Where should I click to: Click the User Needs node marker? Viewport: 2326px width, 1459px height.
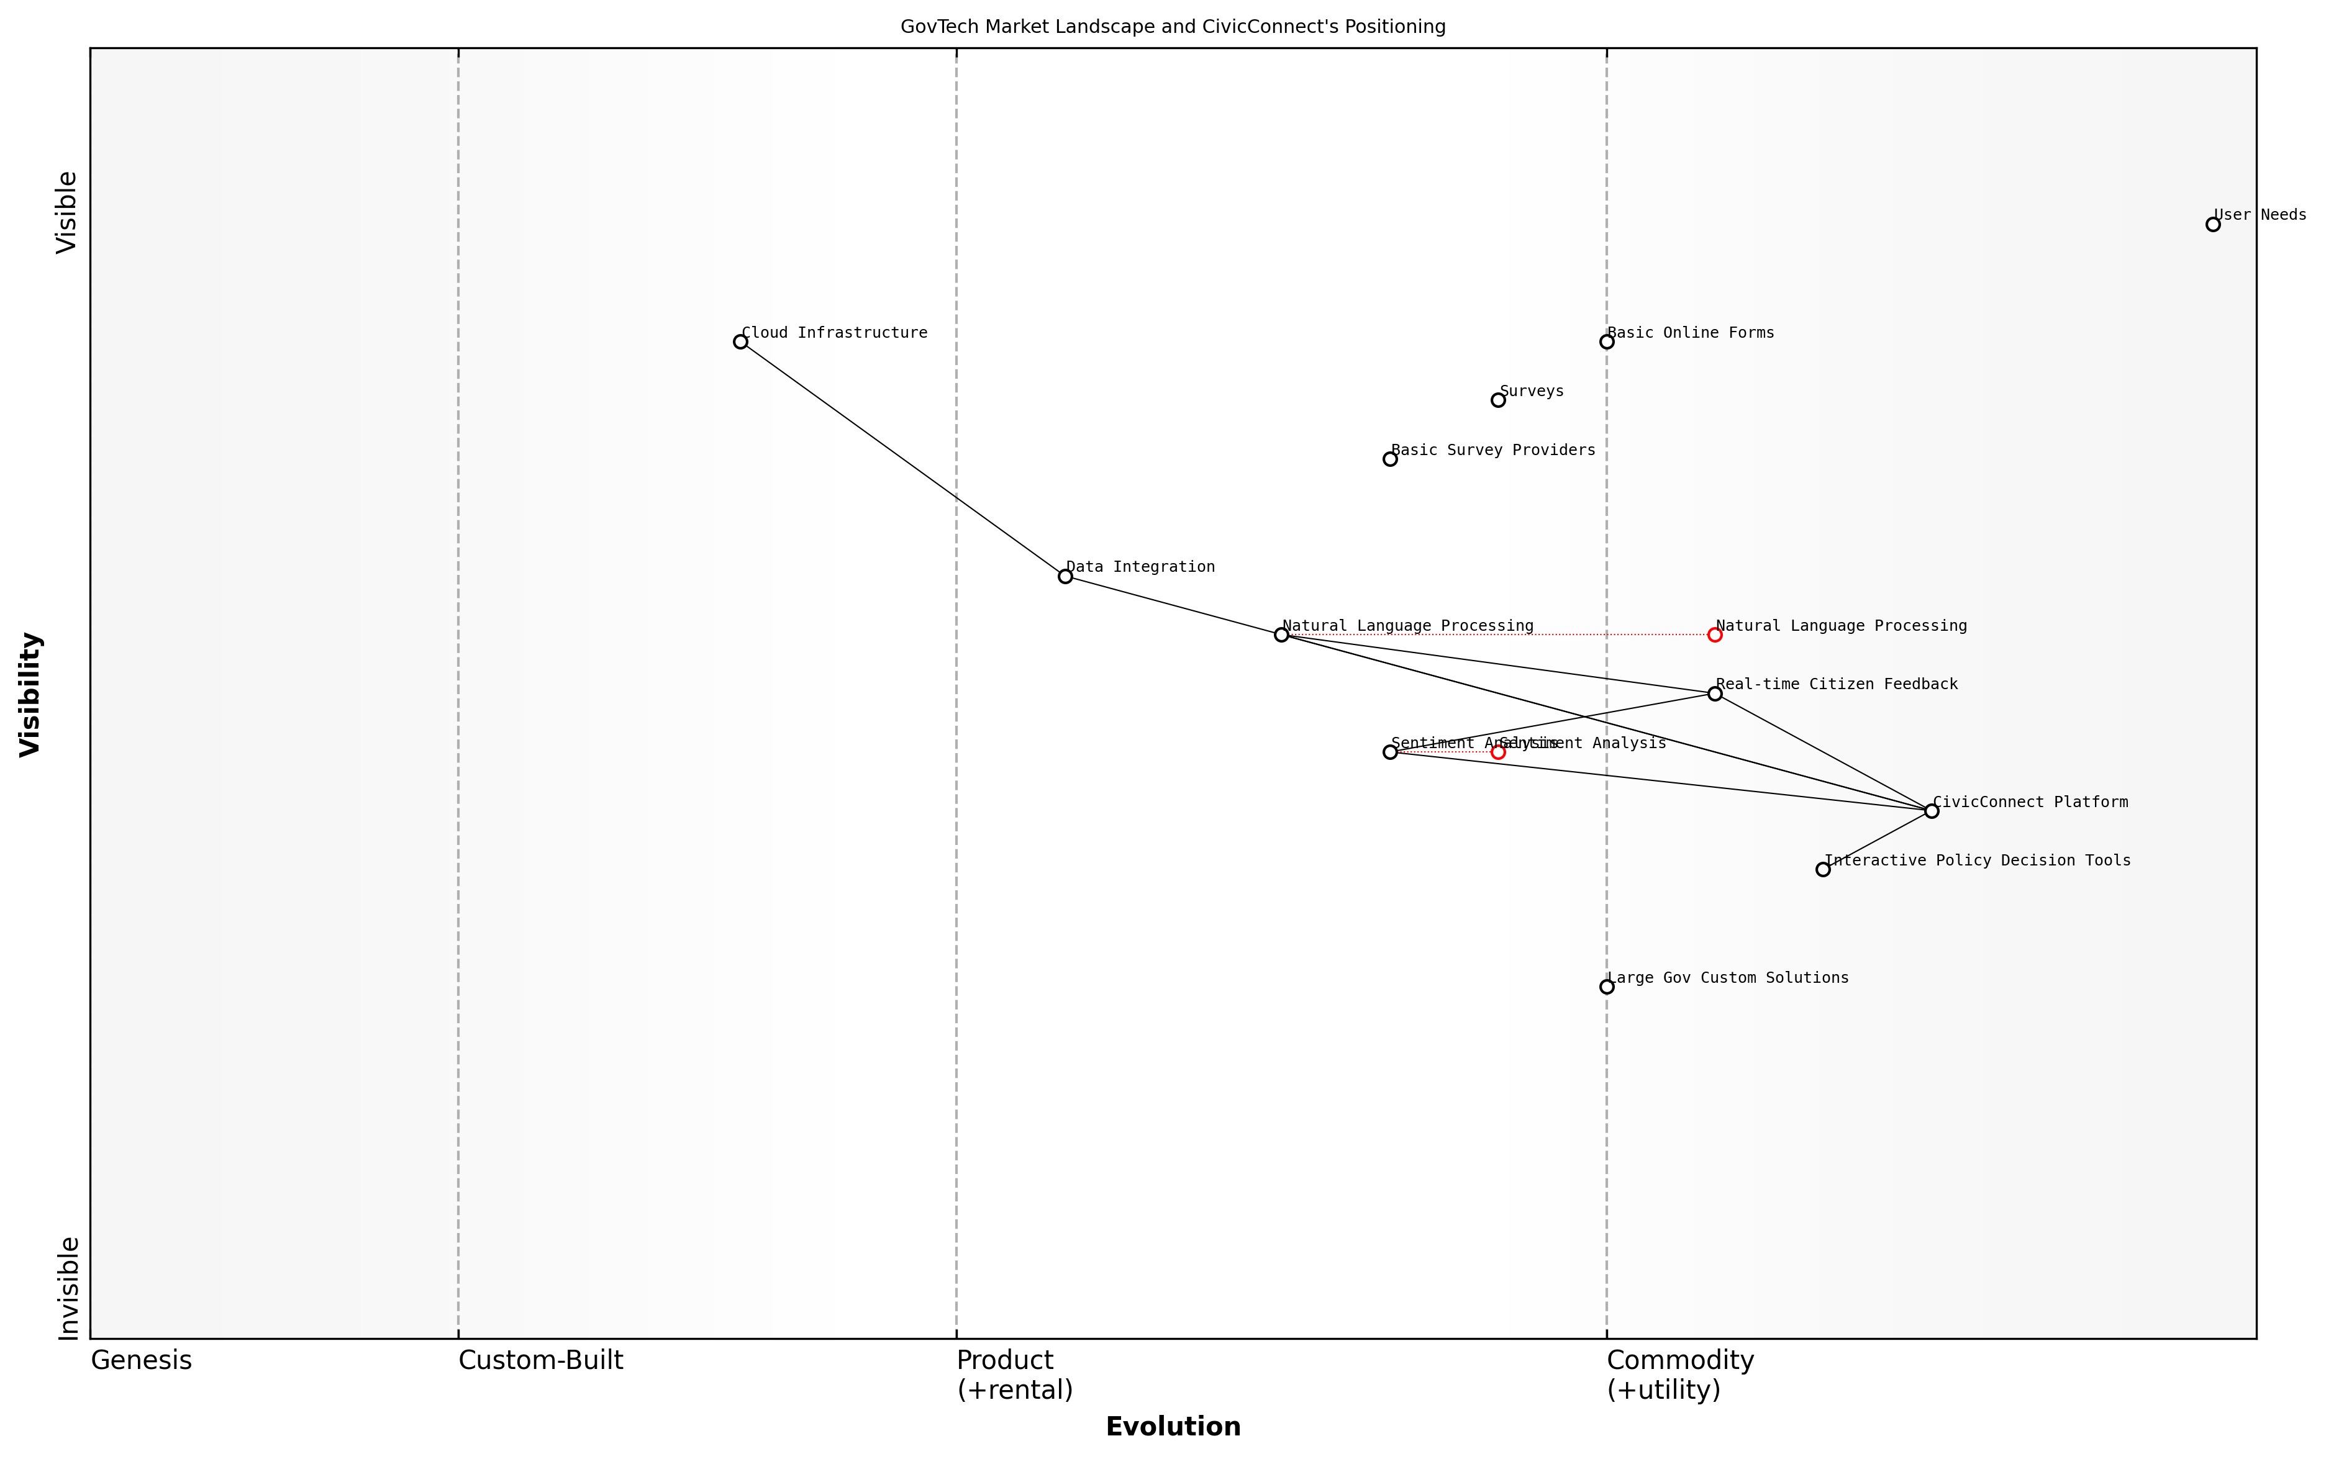pos(2212,224)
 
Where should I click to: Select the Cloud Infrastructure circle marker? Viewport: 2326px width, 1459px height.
pos(740,341)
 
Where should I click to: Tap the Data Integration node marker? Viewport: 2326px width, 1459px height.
pos(1065,576)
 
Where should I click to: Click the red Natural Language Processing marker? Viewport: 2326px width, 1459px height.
pos(1714,635)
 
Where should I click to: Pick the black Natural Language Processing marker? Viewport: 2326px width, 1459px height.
pos(1281,635)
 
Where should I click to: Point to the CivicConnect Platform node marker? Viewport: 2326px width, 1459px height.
pos(1931,811)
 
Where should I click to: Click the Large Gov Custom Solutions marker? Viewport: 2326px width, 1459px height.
pos(1606,986)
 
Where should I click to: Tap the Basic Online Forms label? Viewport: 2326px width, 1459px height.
pos(1690,333)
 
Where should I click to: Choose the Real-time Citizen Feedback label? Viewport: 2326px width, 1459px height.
pos(1837,684)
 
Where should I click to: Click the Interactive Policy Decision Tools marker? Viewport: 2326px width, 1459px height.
pos(1822,869)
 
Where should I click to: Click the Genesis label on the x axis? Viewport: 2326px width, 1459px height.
pos(141,1360)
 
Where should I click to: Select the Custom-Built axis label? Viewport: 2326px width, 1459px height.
pos(540,1360)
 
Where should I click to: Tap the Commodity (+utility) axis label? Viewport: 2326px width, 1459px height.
pos(1679,1374)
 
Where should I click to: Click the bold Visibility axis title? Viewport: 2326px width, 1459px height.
pos(31,693)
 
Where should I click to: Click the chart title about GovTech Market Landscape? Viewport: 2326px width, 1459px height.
pos(1173,27)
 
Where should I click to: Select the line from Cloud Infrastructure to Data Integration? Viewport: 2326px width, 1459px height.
pos(902,458)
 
